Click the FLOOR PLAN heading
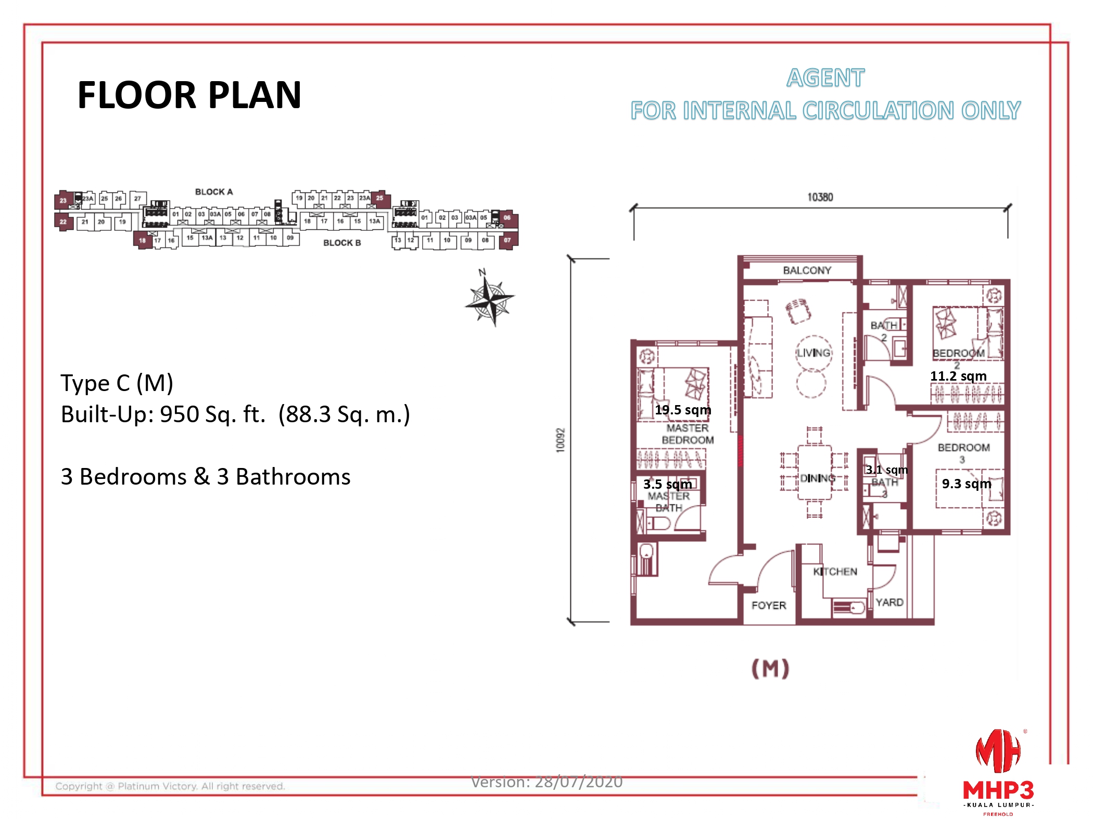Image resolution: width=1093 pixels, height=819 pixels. click(x=189, y=95)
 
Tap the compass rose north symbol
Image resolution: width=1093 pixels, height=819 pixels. click(x=490, y=299)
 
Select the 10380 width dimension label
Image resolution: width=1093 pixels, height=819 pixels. click(x=820, y=197)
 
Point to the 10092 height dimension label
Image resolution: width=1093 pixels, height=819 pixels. click(x=561, y=440)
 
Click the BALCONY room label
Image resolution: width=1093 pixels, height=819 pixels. click(x=807, y=270)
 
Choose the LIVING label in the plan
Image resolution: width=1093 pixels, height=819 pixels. click(x=814, y=353)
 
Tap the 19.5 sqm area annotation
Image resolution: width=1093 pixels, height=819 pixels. click(x=682, y=410)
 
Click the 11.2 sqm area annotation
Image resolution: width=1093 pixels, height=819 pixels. click(x=958, y=376)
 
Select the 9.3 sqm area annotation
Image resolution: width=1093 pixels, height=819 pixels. click(x=966, y=484)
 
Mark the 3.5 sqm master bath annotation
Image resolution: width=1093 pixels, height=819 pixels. click(x=667, y=484)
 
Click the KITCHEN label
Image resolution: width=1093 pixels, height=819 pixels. click(x=835, y=571)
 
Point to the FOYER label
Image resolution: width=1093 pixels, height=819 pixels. click(x=768, y=605)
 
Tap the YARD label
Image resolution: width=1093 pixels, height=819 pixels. click(x=889, y=602)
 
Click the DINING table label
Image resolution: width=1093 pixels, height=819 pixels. click(x=817, y=478)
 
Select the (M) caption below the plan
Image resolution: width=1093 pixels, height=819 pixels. click(x=770, y=668)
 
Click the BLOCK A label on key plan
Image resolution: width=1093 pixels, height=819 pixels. click(x=213, y=192)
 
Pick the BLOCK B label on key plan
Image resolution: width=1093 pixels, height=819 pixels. click(x=341, y=243)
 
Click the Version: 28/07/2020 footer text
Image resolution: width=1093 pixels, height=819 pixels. click(x=546, y=782)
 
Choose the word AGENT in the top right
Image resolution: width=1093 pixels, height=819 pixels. click(x=825, y=78)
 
